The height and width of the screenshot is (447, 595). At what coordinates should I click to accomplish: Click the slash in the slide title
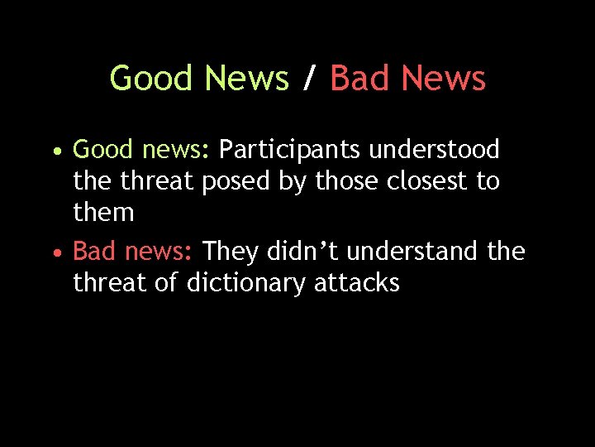309,79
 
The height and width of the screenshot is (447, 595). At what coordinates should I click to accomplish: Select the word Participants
289,151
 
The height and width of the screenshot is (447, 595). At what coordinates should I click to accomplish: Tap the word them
103,213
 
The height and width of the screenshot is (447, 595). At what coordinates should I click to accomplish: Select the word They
231,250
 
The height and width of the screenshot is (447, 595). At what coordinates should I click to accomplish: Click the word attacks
356,283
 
